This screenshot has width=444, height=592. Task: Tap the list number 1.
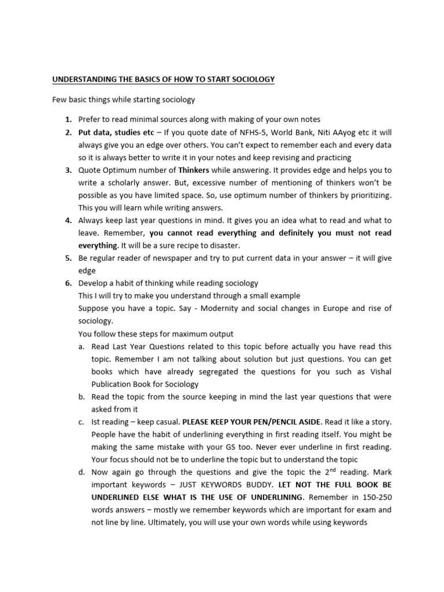68,120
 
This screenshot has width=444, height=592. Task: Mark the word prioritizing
365,195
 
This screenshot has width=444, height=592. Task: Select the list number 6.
68,283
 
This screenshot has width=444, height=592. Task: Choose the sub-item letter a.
82,346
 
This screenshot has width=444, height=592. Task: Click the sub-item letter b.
82,397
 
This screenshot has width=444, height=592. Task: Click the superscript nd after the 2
331,470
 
